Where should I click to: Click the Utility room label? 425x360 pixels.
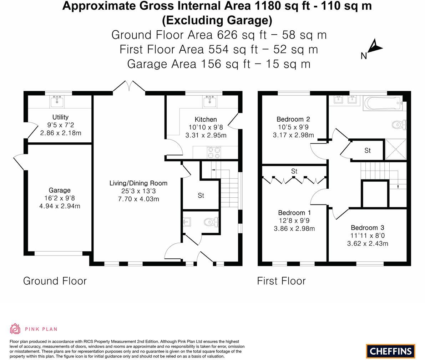pyautogui.click(x=60, y=117)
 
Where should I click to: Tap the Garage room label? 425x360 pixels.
pyautogui.click(x=60, y=190)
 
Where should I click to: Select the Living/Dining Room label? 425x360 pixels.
pyautogui.click(x=138, y=183)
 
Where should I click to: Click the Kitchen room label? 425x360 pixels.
pyautogui.click(x=206, y=120)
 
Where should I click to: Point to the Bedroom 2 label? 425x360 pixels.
pyautogui.click(x=293, y=119)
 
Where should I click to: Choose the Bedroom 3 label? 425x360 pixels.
pyautogui.click(x=368, y=228)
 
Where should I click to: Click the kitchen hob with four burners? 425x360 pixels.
pyautogui.click(x=214, y=153)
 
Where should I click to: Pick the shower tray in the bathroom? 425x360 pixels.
pyautogui.click(x=396, y=149)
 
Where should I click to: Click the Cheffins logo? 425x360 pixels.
pyautogui.click(x=390, y=351)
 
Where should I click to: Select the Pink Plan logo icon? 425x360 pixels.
pyautogui.click(x=15, y=329)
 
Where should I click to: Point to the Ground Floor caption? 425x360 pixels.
pyautogui.click(x=55, y=281)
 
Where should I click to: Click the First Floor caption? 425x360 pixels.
pyautogui.click(x=281, y=281)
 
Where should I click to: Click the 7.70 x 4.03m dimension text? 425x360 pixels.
pyautogui.click(x=138, y=199)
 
